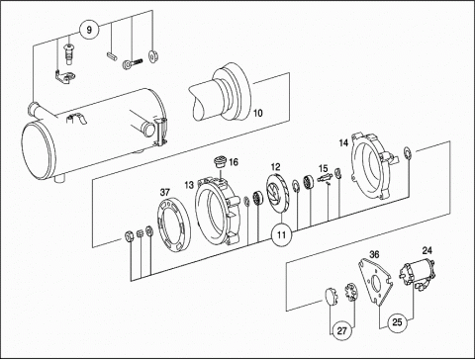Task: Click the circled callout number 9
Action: point(89,30)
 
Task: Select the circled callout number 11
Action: point(281,235)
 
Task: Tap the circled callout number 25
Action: point(397,322)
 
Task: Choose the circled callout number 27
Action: point(342,330)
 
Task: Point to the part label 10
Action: point(258,113)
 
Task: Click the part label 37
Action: point(164,192)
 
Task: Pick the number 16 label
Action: point(233,162)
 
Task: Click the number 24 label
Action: point(427,250)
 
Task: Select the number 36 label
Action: point(374,254)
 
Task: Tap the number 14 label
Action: point(343,142)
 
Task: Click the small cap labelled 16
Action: point(219,162)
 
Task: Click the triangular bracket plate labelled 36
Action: point(375,283)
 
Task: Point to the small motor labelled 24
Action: point(418,273)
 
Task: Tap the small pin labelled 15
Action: point(324,178)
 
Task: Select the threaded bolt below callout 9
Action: point(133,63)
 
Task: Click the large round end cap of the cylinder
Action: point(39,150)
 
